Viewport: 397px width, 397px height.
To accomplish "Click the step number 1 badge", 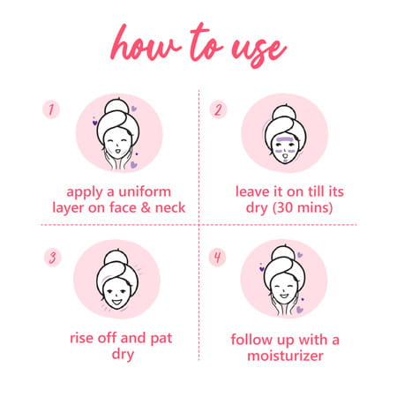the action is pos(51,109).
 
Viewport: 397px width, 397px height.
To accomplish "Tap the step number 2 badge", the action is pos(218,109).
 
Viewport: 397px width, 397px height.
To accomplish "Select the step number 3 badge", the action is pos(53,258).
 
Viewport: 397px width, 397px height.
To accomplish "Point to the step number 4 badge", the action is pos(217,258).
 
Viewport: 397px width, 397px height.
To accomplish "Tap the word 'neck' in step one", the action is pos(170,207).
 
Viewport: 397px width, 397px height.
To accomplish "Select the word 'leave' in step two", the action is pos(253,191).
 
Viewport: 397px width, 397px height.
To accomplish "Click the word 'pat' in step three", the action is pos(161,339).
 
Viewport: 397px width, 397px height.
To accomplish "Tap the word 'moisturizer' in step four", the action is pos(285,356).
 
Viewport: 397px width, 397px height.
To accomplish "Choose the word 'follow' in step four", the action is pos(251,340).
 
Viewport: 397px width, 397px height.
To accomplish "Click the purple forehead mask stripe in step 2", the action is pos(284,139).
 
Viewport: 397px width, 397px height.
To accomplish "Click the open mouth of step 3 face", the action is pos(116,302).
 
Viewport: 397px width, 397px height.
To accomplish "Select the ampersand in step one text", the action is pos(146,207).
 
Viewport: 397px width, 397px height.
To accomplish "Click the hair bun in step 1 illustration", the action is pos(117,107).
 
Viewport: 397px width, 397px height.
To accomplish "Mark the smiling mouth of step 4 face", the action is pos(284,295).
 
